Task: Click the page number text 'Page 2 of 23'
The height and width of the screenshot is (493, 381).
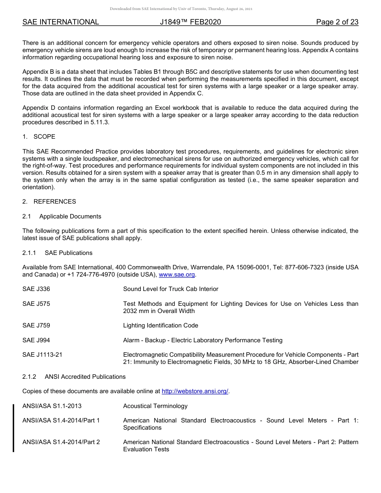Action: coord(337,22)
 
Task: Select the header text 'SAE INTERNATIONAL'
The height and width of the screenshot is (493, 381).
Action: coord(61,22)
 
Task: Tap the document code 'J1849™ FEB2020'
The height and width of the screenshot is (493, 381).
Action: coord(190,22)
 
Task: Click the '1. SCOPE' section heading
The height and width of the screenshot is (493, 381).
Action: coord(39,137)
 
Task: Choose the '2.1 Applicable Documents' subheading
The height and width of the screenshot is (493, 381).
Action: coord(62,216)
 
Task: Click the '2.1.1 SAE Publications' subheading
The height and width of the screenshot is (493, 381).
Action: coord(57,253)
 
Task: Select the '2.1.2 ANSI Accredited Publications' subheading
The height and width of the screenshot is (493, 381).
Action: coord(74,377)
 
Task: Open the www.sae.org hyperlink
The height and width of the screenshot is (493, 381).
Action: coord(177,275)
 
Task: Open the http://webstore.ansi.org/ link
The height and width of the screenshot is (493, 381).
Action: coord(195,391)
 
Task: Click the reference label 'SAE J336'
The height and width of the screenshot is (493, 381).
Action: coord(36,289)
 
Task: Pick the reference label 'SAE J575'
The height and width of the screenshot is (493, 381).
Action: coord(36,304)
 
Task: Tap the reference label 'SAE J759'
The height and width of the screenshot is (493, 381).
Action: coord(36,325)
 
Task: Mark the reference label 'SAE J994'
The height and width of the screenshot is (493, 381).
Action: coord(36,340)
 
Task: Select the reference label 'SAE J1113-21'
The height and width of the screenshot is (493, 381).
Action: coord(42,355)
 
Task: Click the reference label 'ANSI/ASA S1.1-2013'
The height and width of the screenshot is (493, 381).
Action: coord(52,406)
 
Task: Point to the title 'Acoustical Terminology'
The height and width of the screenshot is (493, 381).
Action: coord(155,406)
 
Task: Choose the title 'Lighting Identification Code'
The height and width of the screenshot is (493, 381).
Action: coord(160,325)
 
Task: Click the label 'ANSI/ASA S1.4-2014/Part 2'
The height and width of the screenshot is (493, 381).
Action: coord(61,442)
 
